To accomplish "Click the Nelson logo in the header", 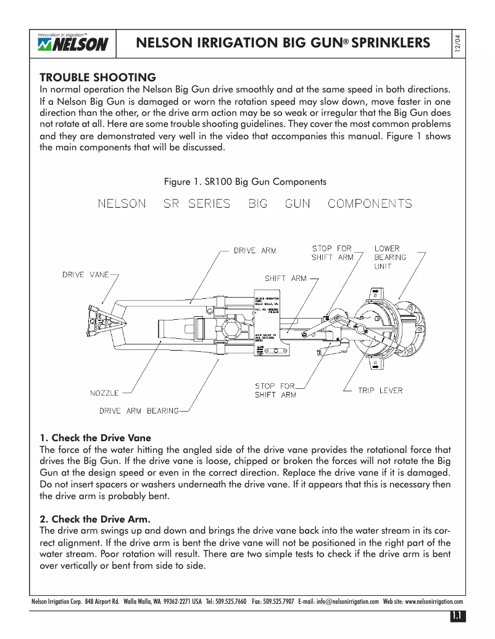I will [73, 43].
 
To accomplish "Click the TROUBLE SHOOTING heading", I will [98, 78].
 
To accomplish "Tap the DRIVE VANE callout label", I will [86, 275].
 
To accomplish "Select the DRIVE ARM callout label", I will [254, 251].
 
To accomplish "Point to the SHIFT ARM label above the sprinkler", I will [285, 278].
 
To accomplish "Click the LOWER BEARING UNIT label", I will [390, 257].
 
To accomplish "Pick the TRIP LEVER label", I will [380, 390].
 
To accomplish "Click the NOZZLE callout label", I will [104, 393].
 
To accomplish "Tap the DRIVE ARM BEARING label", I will [139, 410].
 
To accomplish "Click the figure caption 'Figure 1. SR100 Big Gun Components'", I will [245, 182].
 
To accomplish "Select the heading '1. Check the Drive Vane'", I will [95, 438].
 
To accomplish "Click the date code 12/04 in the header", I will [457, 44].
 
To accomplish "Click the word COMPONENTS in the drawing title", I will [370, 204].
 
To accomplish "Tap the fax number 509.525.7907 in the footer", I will [280, 602].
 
